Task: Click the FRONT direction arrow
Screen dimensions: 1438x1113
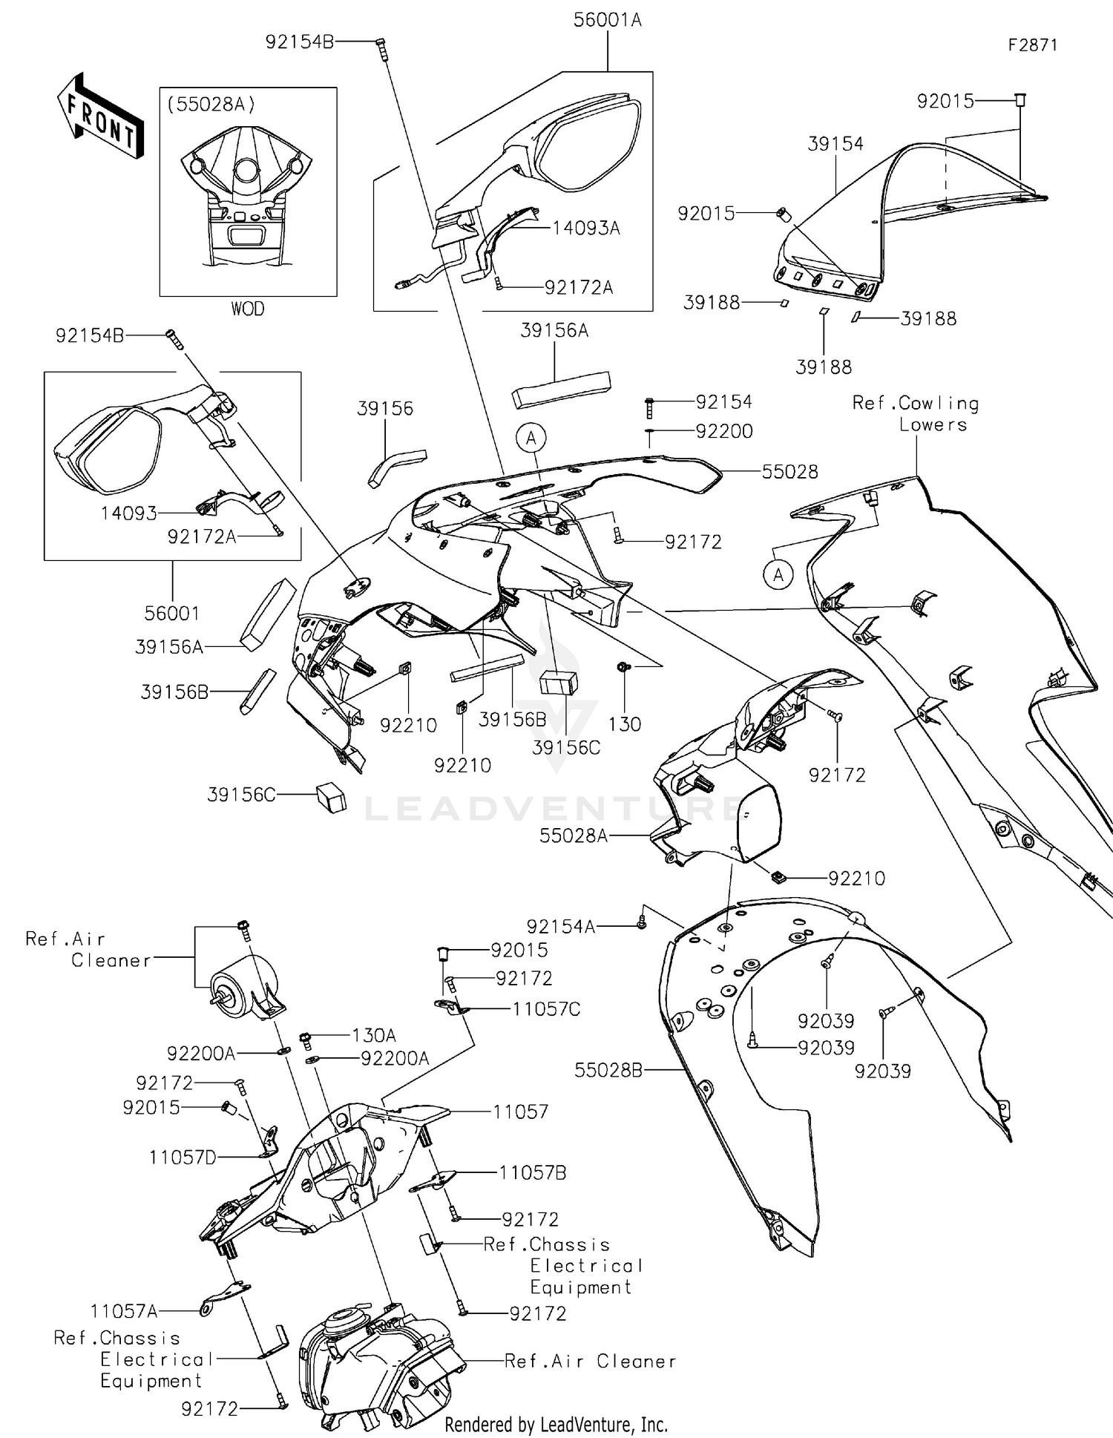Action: pyautogui.click(x=101, y=116)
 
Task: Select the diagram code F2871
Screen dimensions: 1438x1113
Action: pyautogui.click(x=1032, y=45)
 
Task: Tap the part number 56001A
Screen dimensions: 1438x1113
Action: pyautogui.click(x=607, y=20)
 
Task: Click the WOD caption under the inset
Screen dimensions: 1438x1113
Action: pyautogui.click(x=247, y=309)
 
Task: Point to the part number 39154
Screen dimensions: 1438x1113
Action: pyautogui.click(x=835, y=144)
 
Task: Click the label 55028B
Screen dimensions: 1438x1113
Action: pyautogui.click(x=608, y=1070)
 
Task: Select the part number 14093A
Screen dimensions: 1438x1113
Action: pyautogui.click(x=585, y=229)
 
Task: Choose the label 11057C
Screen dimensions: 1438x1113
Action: pyautogui.click(x=546, y=1009)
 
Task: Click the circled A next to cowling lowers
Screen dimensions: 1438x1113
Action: pyautogui.click(x=778, y=574)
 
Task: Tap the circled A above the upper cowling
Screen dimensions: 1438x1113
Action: pyautogui.click(x=531, y=439)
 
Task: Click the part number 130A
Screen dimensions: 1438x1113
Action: pyautogui.click(x=373, y=1035)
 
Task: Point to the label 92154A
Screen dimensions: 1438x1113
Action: pyautogui.click(x=561, y=926)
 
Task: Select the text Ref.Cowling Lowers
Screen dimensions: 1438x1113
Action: pyautogui.click(x=916, y=414)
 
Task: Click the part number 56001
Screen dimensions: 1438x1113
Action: pyautogui.click(x=172, y=613)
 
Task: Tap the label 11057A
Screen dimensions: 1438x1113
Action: pyautogui.click(x=124, y=1311)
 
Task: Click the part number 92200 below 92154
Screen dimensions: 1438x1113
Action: pyautogui.click(x=724, y=431)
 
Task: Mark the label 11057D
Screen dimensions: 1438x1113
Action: pyautogui.click(x=183, y=1157)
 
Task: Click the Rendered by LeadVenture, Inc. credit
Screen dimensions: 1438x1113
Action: pyautogui.click(x=556, y=1425)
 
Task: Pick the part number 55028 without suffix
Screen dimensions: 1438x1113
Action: pyautogui.click(x=789, y=472)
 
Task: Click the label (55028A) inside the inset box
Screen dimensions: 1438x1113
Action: pyautogui.click(x=211, y=105)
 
